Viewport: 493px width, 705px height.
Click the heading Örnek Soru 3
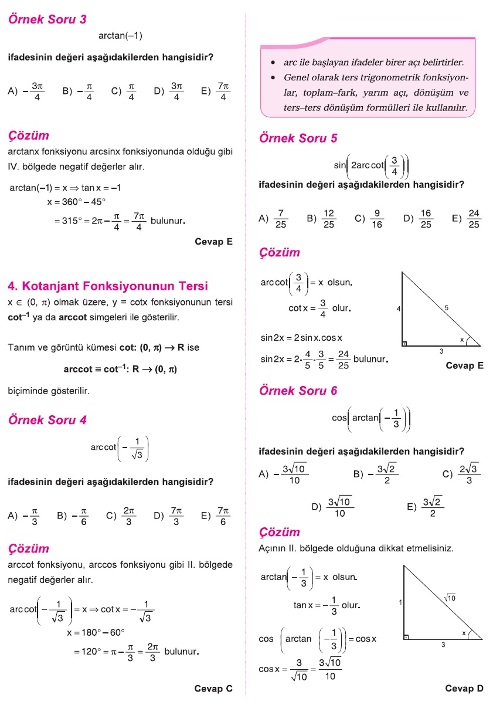click(x=47, y=19)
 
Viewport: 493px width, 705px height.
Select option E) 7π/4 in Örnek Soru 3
click(x=215, y=91)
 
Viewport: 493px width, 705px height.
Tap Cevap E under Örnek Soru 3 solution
click(x=213, y=241)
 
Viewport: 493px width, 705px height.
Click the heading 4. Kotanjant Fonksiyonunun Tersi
click(x=108, y=286)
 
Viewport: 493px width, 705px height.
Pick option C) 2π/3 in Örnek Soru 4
click(x=121, y=516)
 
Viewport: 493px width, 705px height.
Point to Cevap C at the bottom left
click(x=213, y=689)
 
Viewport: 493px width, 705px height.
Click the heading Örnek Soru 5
click(x=298, y=138)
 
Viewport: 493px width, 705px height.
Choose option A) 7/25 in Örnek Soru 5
click(x=273, y=218)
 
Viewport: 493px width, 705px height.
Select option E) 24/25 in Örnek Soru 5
click(x=467, y=218)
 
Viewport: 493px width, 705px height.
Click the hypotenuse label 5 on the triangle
click(x=446, y=307)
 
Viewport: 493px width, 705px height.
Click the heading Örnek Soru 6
click(x=298, y=391)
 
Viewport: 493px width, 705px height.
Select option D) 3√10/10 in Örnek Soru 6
click(x=332, y=508)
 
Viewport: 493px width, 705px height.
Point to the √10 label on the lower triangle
click(x=450, y=598)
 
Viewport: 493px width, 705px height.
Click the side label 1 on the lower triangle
click(x=400, y=602)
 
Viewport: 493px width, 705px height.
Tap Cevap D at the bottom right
click(x=464, y=689)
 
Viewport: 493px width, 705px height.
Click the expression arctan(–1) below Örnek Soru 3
click(x=121, y=36)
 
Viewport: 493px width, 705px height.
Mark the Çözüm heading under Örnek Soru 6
click(x=280, y=533)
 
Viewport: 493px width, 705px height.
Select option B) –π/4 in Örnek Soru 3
click(x=79, y=91)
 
